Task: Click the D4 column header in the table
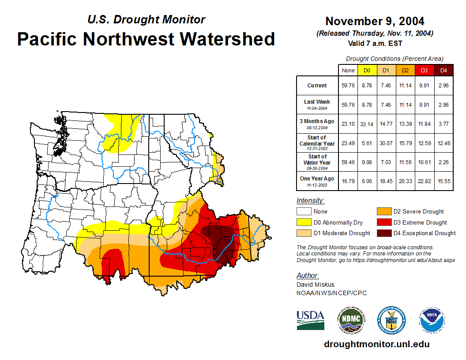[443, 70]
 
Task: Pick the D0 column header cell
[367, 70]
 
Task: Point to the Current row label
[317, 86]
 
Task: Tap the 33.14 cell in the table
[367, 124]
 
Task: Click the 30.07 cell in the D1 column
[386, 143]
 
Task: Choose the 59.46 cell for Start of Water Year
[348, 162]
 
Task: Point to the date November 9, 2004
[375, 21]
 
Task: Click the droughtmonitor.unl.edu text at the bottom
[376, 344]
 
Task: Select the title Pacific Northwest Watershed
[146, 39]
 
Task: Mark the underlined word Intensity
[310, 201]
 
